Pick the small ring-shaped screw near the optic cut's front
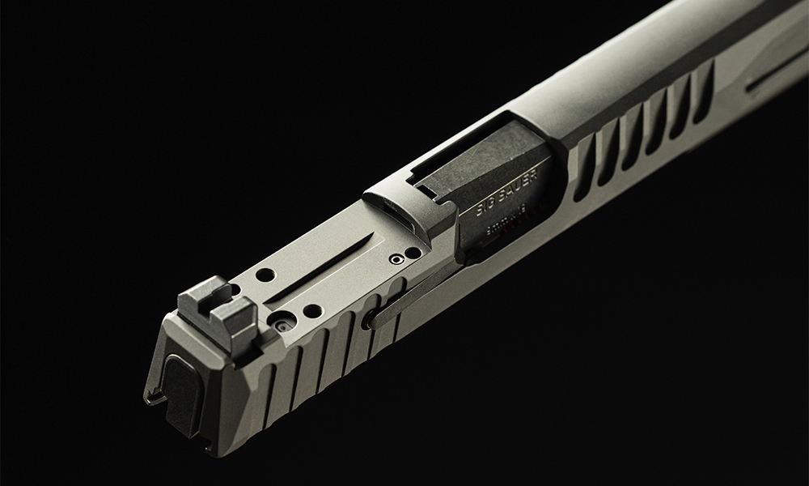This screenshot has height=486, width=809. point(396,259)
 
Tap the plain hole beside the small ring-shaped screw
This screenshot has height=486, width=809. point(413,253)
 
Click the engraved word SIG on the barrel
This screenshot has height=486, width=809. point(487,203)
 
